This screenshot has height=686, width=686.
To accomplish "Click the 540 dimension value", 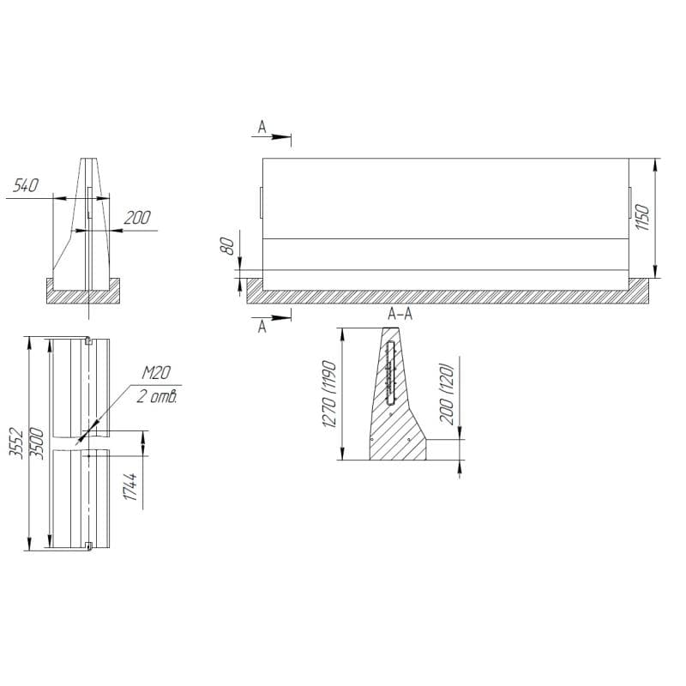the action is [26, 185].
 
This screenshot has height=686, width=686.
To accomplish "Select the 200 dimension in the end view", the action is [137, 218].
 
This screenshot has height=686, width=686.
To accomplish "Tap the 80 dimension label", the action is [227, 247].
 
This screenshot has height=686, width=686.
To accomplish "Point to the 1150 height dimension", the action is [642, 218].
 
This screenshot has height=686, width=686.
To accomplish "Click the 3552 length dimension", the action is [16, 442].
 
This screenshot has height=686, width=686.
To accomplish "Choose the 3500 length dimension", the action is [37, 442].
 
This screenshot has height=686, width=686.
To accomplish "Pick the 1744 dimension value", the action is [130, 486].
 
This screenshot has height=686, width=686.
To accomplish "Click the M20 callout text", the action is [156, 373].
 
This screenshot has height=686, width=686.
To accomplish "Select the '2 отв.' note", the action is [157, 397].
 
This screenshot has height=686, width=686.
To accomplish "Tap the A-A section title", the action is [400, 314].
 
